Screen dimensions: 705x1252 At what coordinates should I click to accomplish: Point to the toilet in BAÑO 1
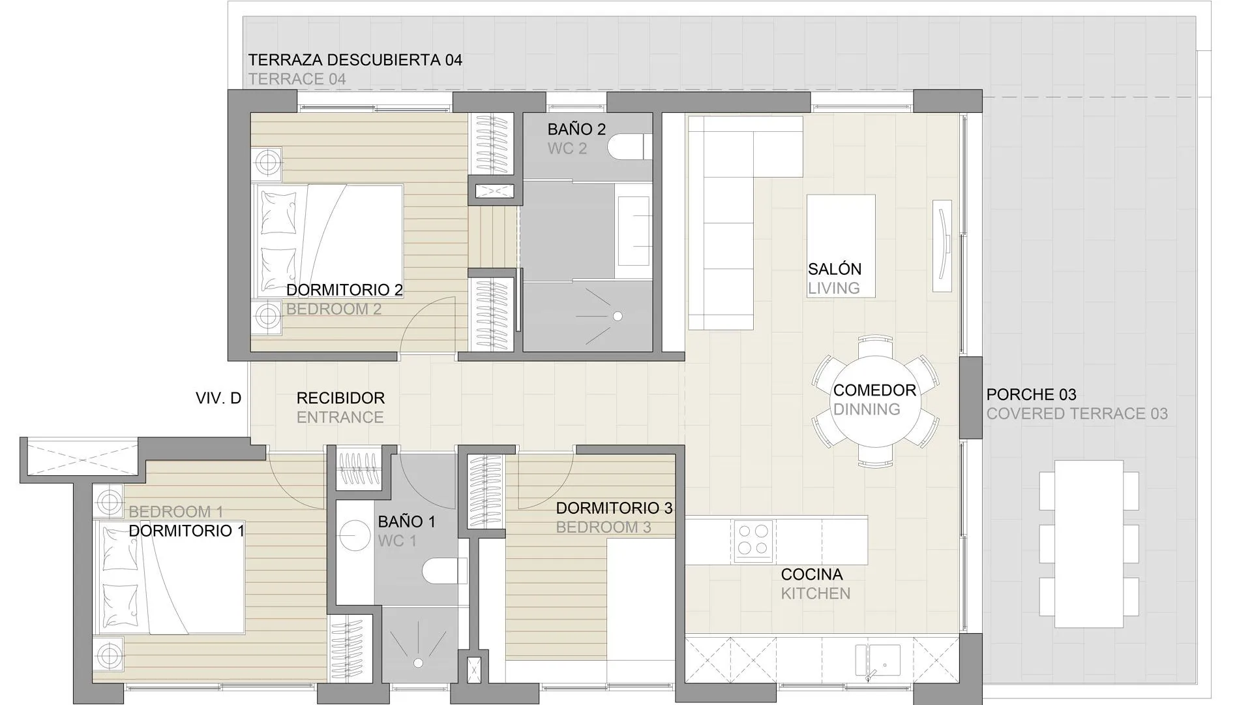(x=443, y=572)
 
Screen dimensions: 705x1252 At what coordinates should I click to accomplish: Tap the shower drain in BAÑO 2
(x=617, y=316)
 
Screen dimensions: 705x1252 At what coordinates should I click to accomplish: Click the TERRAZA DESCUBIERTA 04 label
(x=355, y=60)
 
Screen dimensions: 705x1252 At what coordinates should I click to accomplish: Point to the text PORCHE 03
(x=1031, y=394)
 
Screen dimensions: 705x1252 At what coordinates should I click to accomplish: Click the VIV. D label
(x=218, y=398)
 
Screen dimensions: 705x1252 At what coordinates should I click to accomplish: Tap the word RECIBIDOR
(x=340, y=398)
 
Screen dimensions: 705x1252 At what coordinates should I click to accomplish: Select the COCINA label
(x=812, y=574)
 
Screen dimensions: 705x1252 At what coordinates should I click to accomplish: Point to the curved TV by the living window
(x=942, y=245)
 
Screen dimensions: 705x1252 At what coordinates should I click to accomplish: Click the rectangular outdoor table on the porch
(x=1088, y=543)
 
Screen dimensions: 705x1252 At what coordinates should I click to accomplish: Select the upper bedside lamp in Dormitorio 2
(x=267, y=161)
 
